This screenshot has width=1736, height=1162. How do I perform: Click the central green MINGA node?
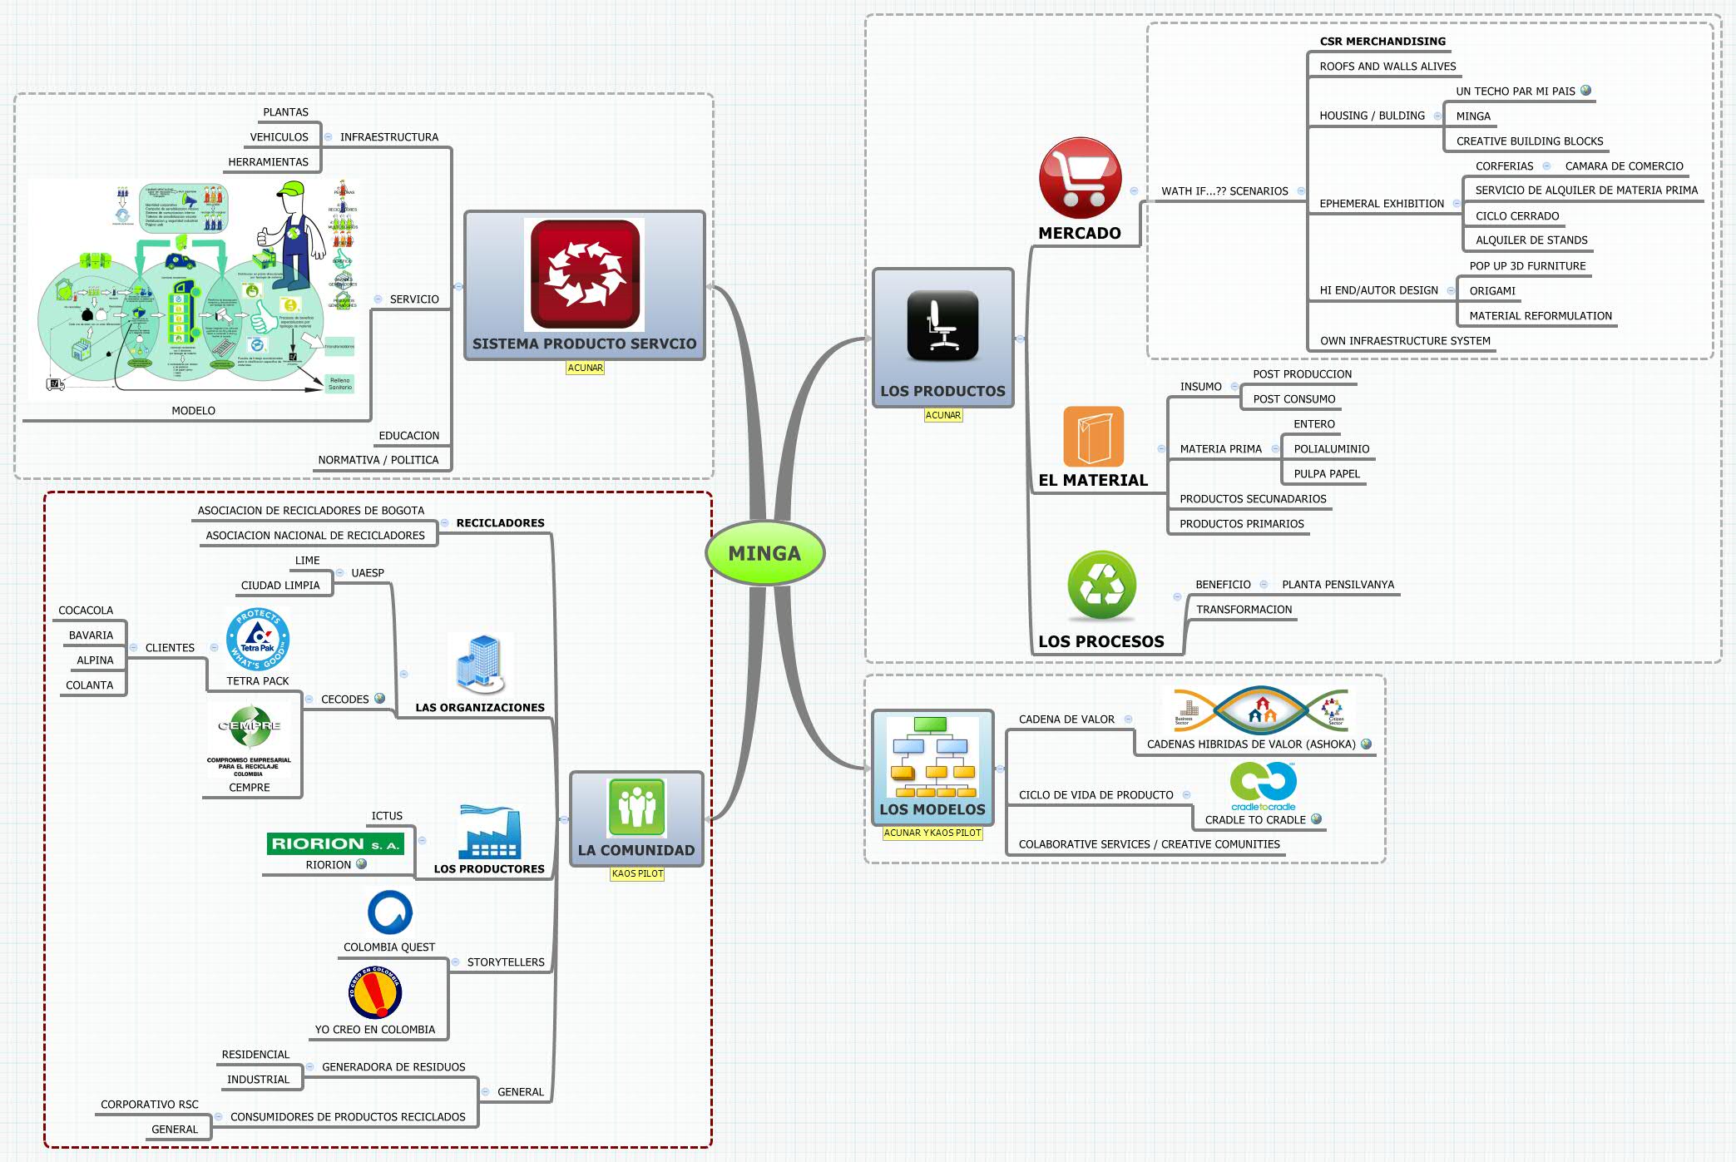tap(764, 553)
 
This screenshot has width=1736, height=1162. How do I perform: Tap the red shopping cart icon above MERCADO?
tap(1080, 178)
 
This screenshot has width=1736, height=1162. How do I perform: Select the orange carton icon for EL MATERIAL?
tap(1093, 437)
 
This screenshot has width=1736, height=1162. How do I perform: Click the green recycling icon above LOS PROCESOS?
tap(1101, 586)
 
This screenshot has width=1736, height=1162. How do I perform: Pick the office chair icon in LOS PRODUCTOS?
tap(942, 325)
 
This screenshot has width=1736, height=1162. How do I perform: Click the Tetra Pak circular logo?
tap(257, 639)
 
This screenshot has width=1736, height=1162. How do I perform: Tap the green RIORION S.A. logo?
tap(335, 843)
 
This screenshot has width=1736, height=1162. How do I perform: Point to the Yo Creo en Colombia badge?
tap(375, 991)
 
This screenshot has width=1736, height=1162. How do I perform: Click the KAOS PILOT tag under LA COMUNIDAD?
tap(637, 873)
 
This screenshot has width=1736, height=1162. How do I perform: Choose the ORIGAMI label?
tap(1492, 291)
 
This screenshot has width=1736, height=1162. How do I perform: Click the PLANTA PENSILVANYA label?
tap(1338, 585)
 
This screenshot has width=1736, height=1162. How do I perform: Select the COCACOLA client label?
tap(86, 611)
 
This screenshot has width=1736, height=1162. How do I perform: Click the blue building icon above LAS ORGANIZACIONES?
tap(480, 664)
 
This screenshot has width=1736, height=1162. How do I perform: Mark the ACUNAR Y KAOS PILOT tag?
tap(932, 833)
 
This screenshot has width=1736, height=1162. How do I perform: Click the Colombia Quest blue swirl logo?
tap(389, 912)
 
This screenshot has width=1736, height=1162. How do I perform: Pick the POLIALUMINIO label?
tap(1331, 449)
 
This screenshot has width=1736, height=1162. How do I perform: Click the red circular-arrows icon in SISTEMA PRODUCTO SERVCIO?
tap(585, 274)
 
